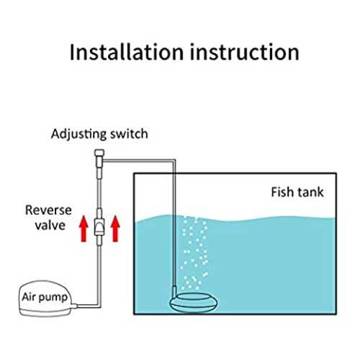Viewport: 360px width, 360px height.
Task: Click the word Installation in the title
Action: (x=127, y=52)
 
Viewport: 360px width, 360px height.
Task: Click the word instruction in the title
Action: (x=245, y=52)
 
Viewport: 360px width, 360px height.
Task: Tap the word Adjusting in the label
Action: (x=78, y=135)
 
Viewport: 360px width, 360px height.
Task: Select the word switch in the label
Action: (x=129, y=134)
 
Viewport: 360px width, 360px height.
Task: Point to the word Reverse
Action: (x=48, y=210)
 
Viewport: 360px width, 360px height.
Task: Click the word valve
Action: (x=50, y=225)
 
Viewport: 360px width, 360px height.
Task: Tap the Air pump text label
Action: (x=45, y=297)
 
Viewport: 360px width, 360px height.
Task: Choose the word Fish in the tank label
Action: (x=280, y=192)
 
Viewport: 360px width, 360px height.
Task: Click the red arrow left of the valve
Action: (x=84, y=228)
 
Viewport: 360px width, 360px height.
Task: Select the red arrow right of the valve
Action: (x=115, y=228)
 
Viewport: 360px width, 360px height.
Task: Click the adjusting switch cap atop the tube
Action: (x=99, y=153)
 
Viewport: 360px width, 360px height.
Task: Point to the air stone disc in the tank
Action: (x=194, y=302)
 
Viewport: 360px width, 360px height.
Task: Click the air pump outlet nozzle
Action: (x=74, y=306)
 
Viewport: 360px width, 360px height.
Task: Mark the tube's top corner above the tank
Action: (x=174, y=161)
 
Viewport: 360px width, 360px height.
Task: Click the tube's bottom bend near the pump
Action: (x=99, y=306)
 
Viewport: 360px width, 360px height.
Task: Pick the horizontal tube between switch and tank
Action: (x=139, y=161)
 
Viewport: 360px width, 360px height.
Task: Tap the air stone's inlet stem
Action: (x=174, y=291)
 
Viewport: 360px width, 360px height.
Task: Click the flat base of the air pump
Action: (x=45, y=312)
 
